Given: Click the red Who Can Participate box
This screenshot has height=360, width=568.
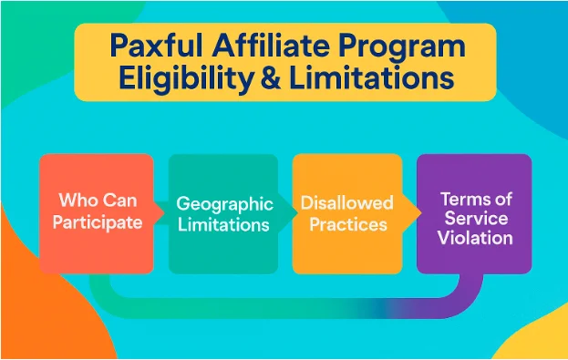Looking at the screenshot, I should coord(96,213).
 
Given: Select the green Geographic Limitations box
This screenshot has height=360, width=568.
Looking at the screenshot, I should coord(222,213).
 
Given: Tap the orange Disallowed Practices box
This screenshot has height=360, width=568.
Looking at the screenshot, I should coord(346,213).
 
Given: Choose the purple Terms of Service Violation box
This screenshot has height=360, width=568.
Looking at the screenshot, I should coord(474,213).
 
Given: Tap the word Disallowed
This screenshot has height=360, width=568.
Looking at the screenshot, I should coord(346,202).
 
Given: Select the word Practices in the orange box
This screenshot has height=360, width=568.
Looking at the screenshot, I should coord(347,224).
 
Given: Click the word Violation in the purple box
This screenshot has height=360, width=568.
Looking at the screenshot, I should coord(475,239).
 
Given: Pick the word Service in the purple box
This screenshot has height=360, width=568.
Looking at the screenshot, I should coord(475,219).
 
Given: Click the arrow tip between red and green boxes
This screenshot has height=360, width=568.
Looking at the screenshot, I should coord(164,213).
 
